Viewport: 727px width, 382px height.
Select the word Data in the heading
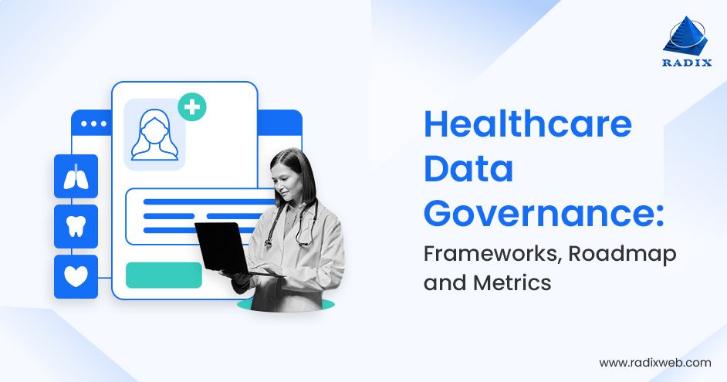(468, 169)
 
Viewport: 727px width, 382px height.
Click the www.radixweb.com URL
(654, 362)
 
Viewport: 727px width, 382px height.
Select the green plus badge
(192, 107)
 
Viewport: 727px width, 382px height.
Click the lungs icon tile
(76, 176)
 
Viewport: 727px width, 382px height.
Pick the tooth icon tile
(76, 226)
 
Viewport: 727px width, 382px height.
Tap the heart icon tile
(76, 276)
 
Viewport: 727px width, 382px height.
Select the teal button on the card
(164, 275)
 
